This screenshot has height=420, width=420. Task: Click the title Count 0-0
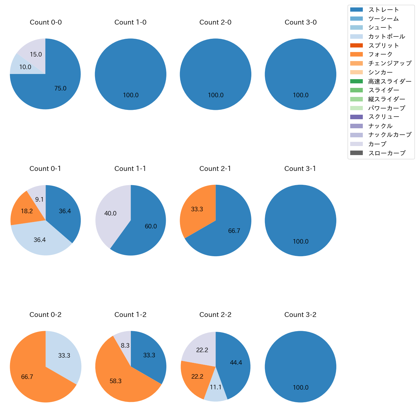point(46,22)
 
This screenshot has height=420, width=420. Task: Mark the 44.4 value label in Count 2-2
point(236,363)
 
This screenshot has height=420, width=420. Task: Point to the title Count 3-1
point(300,169)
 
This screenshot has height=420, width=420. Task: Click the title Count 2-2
point(215,315)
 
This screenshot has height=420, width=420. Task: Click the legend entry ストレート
point(383,10)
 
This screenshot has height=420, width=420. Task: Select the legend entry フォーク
point(380,54)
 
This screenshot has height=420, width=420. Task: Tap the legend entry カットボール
point(386,37)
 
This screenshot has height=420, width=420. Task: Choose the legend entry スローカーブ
point(387,153)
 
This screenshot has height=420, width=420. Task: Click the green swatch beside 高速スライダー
point(356,81)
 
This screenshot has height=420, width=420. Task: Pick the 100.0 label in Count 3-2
point(300,388)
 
